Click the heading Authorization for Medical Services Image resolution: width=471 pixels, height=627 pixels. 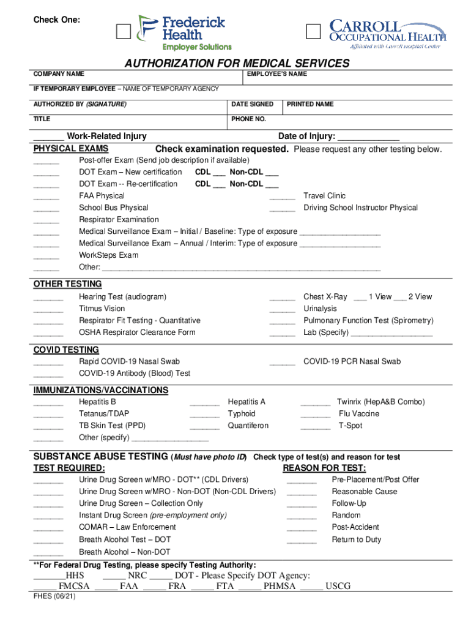click(x=237, y=64)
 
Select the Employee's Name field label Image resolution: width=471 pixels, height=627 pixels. click(x=276, y=74)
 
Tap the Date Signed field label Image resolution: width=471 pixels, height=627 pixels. click(x=252, y=104)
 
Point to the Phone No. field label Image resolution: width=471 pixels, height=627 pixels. click(x=248, y=119)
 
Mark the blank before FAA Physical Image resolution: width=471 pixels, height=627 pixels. click(x=46, y=197)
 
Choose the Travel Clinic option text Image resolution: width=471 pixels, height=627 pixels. click(x=324, y=196)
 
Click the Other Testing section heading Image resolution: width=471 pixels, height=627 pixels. click(x=67, y=284)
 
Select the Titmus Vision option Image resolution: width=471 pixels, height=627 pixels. click(x=102, y=309)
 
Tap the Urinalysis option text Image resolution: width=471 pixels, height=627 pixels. click(x=320, y=309)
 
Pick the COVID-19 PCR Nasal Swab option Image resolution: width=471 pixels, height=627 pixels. click(x=352, y=361)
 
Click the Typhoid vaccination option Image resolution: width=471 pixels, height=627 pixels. click(x=242, y=414)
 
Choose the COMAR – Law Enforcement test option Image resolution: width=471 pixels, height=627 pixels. click(x=127, y=527)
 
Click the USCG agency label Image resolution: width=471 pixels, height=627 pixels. click(x=338, y=587)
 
